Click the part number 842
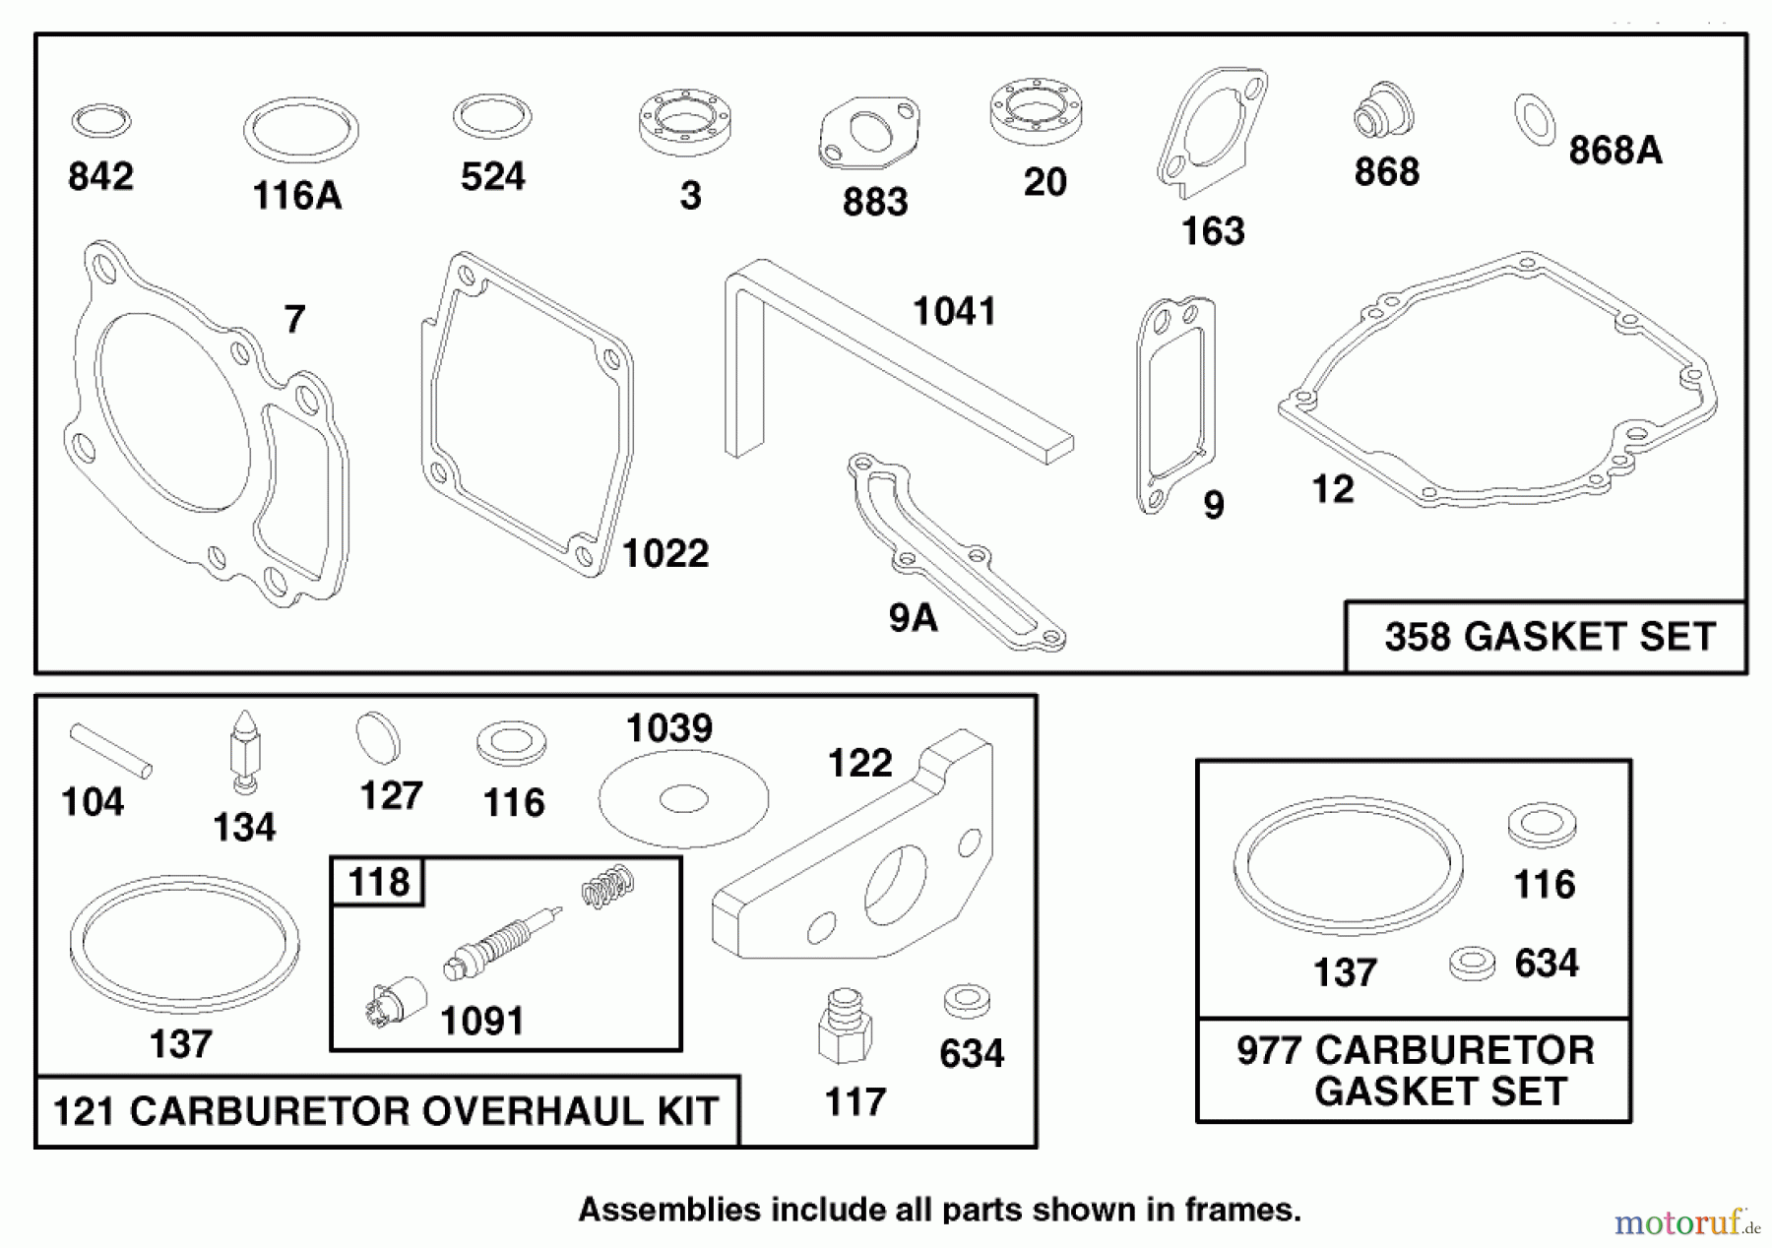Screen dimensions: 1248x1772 point(100,177)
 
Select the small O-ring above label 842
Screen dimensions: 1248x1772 point(100,122)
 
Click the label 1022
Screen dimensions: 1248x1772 point(665,553)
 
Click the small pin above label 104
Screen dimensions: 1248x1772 point(110,751)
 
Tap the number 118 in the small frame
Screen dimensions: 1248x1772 point(379,882)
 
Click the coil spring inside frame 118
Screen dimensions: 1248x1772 point(607,886)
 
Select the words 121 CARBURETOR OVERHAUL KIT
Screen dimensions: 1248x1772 point(386,1111)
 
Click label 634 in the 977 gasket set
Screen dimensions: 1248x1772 point(1546,964)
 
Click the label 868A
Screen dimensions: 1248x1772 point(1614,151)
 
